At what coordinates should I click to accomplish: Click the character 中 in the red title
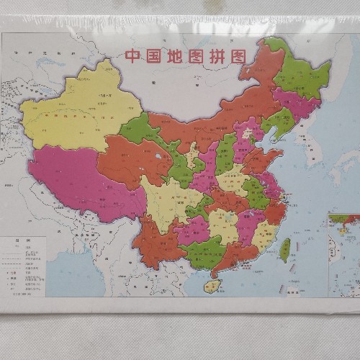click(132, 56)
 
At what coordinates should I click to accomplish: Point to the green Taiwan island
click(285, 249)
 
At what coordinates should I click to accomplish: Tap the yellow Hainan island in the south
click(211, 286)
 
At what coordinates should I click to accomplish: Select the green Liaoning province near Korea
click(278, 123)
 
